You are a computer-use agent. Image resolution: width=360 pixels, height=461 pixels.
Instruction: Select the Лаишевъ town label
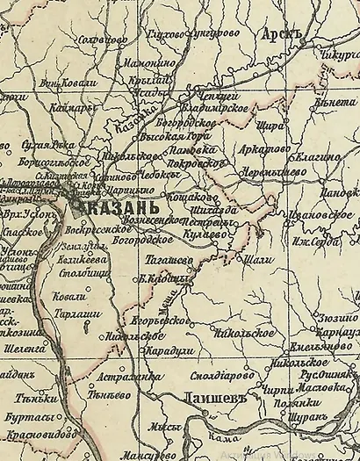[x=209, y=399]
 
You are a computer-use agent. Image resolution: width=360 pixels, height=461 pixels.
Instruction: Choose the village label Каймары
[x=58, y=109]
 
